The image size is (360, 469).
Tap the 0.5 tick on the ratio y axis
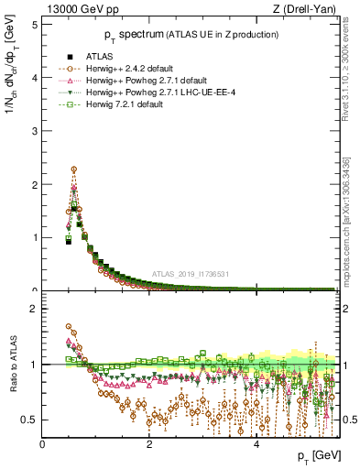pos(29,420)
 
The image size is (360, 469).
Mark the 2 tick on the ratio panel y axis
pos(34,309)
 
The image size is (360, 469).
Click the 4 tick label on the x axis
pos(256,443)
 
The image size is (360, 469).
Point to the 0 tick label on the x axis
pos(43,443)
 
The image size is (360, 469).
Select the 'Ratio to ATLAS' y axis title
pos(12,366)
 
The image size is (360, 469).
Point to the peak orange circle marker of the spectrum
pos(73,169)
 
